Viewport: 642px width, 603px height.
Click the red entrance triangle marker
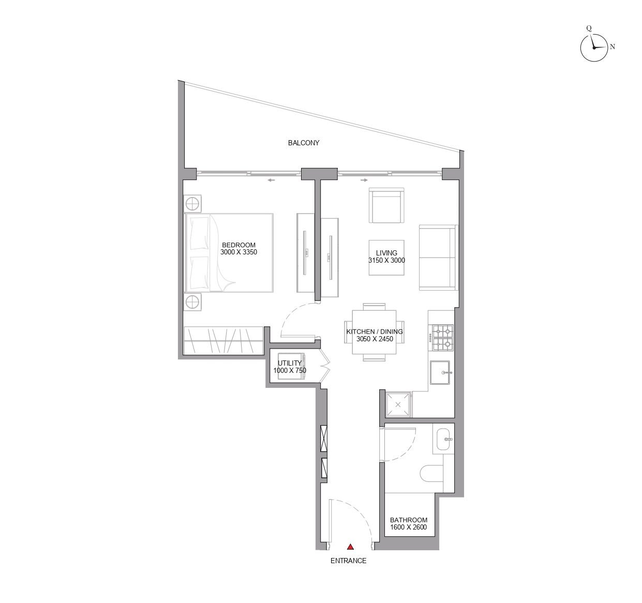pyautogui.click(x=350, y=547)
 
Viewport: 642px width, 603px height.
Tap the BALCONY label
pyautogui.click(x=304, y=143)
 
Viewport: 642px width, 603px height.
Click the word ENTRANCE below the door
pyautogui.click(x=349, y=561)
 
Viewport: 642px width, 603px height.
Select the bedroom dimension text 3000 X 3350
pyautogui.click(x=238, y=252)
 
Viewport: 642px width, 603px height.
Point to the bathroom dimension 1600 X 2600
pyautogui.click(x=409, y=527)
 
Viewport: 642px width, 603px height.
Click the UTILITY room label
pyautogui.click(x=290, y=363)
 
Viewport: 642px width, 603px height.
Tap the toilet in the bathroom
pyautogui.click(x=432, y=474)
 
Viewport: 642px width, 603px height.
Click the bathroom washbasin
pyautogui.click(x=443, y=440)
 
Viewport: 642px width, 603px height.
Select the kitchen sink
pyautogui.click(x=440, y=372)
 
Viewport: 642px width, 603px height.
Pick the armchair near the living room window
pyautogui.click(x=386, y=205)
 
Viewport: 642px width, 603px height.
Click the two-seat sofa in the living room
pyautogui.click(x=439, y=258)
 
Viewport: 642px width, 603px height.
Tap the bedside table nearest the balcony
pyautogui.click(x=192, y=204)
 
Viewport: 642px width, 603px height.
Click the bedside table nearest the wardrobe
pyautogui.click(x=192, y=303)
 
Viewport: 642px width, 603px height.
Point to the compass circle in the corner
pyautogui.click(x=594, y=48)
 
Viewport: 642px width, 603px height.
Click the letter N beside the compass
pyautogui.click(x=613, y=47)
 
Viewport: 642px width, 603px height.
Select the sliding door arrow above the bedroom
pyautogui.click(x=271, y=180)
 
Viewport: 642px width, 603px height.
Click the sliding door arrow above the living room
pyautogui.click(x=364, y=180)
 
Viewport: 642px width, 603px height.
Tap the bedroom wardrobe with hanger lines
pyautogui.click(x=223, y=341)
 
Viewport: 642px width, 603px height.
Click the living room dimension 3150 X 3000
pyautogui.click(x=386, y=261)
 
